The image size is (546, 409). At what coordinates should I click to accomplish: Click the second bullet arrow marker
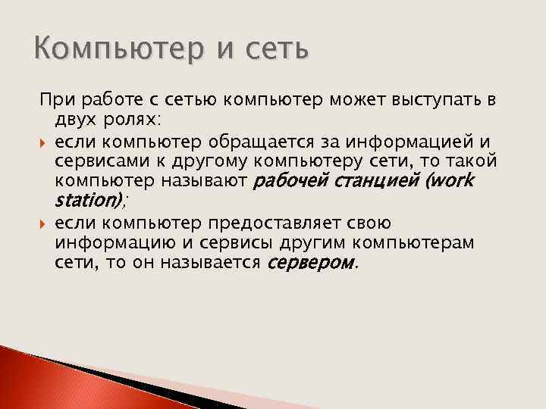43,224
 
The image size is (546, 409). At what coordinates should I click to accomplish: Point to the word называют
209,181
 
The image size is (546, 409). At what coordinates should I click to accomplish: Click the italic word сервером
312,264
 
